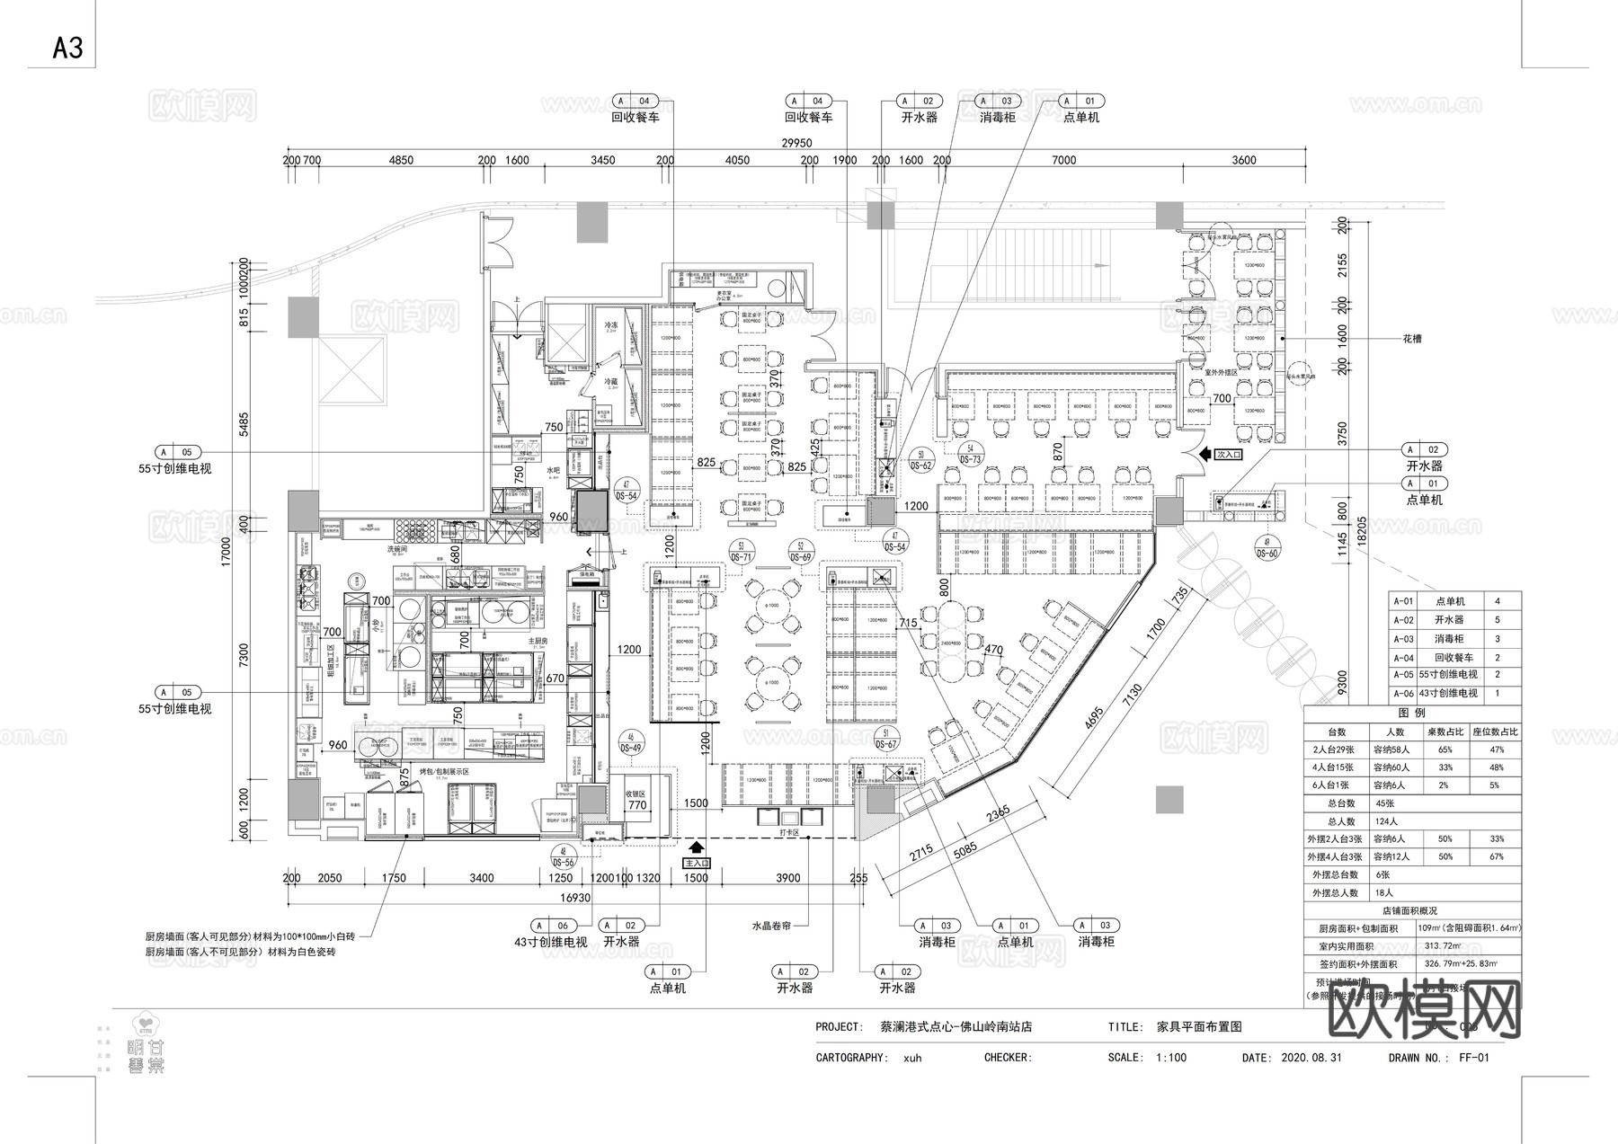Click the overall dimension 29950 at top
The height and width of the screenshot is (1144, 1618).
pyautogui.click(x=796, y=143)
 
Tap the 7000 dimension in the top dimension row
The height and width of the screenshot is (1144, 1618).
pyautogui.click(x=1063, y=160)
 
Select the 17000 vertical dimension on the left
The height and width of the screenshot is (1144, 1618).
pyautogui.click(x=227, y=548)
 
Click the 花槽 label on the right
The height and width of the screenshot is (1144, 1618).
pyautogui.click(x=1412, y=340)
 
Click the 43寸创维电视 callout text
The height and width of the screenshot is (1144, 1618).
pyautogui.click(x=550, y=942)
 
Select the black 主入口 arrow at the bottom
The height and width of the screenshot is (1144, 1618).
pyautogui.click(x=697, y=847)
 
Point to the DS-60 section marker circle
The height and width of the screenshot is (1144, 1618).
pyautogui.click(x=1266, y=547)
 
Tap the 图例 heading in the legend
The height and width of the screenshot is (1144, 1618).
pyautogui.click(x=1412, y=713)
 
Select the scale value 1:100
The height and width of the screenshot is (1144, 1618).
pyautogui.click(x=1171, y=1058)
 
